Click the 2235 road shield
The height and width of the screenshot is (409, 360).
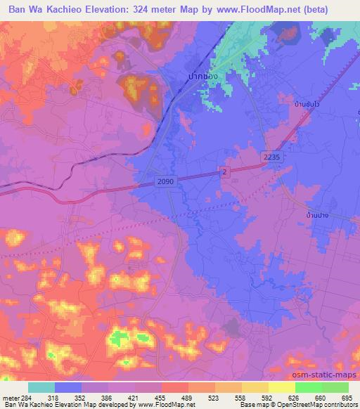point(274,158)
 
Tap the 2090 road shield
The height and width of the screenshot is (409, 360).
point(165,181)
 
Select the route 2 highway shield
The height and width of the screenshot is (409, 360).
point(224,172)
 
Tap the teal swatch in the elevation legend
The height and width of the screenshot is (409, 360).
point(41,387)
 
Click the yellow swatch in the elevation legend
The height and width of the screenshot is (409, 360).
point(281,387)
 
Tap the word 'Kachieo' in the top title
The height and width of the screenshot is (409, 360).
point(67,9)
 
